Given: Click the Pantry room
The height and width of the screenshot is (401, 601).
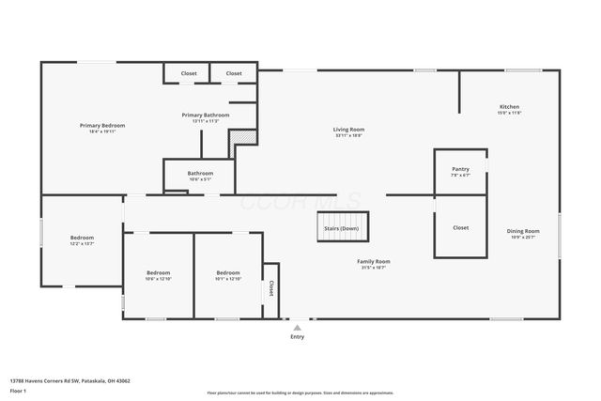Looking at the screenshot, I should [x=460, y=172].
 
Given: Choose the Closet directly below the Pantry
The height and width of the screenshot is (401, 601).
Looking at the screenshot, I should [x=460, y=227].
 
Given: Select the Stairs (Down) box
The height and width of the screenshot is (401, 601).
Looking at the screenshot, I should [x=341, y=227].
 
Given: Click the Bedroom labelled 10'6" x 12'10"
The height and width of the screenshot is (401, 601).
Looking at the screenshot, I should [x=158, y=275].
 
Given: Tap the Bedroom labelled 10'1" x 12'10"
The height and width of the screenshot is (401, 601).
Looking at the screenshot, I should [x=228, y=275].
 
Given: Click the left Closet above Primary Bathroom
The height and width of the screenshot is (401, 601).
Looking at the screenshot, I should [x=189, y=73].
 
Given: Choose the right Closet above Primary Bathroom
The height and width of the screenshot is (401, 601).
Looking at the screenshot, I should [x=234, y=73].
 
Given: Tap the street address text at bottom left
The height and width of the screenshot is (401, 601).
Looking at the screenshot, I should [x=69, y=381].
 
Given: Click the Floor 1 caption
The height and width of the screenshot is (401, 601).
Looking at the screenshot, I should [x=19, y=390].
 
